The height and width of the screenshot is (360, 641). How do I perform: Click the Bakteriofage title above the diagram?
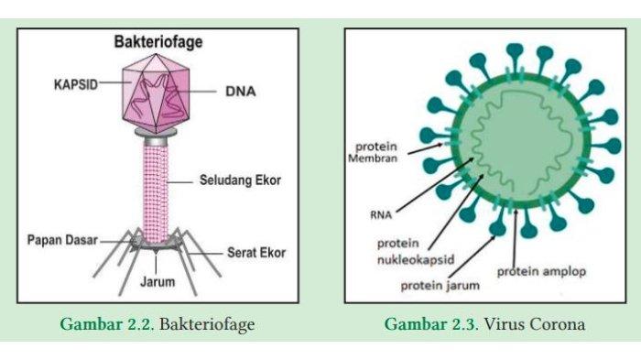[158, 42]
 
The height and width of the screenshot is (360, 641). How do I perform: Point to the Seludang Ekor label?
[240, 180]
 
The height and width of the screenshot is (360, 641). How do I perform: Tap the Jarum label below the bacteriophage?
[157, 281]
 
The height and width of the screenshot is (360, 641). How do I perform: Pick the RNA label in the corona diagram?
[383, 216]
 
